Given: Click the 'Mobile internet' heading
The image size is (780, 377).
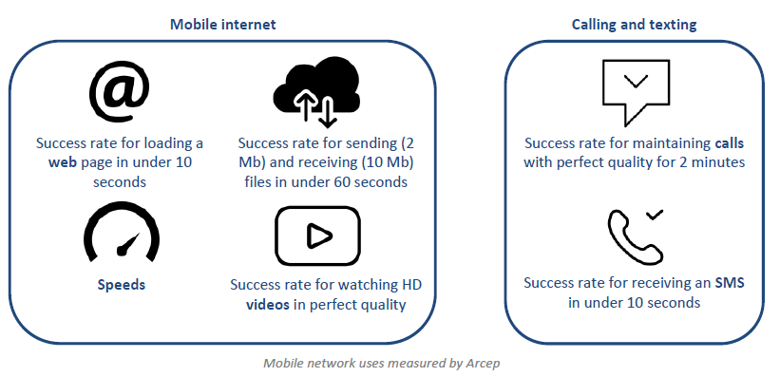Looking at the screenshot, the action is (x=223, y=24).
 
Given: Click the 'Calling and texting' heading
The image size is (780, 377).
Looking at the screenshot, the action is (x=635, y=25).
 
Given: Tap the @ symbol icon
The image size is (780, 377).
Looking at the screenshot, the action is (x=120, y=94).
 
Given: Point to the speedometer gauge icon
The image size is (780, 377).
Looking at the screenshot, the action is (x=122, y=232).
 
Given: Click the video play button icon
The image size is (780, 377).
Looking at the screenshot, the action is (x=318, y=236).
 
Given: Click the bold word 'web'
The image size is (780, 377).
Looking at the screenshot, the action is (x=62, y=162).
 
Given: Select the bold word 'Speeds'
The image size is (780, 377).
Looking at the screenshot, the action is (x=122, y=285).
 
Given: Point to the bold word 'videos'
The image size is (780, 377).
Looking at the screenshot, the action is (x=268, y=304).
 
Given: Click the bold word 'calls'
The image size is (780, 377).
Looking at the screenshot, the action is (x=730, y=143).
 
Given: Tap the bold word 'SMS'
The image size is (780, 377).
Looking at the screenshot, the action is (x=730, y=283).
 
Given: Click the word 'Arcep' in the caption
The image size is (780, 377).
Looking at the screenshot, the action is (x=483, y=363).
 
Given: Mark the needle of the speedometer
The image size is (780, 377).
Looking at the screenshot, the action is (x=127, y=244).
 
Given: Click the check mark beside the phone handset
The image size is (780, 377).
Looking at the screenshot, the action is (x=655, y=215).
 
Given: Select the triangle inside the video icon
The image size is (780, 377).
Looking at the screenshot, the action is (x=318, y=236).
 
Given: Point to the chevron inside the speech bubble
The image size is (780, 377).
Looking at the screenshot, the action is (x=636, y=81).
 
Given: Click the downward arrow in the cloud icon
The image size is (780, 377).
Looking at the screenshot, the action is (x=327, y=113).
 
